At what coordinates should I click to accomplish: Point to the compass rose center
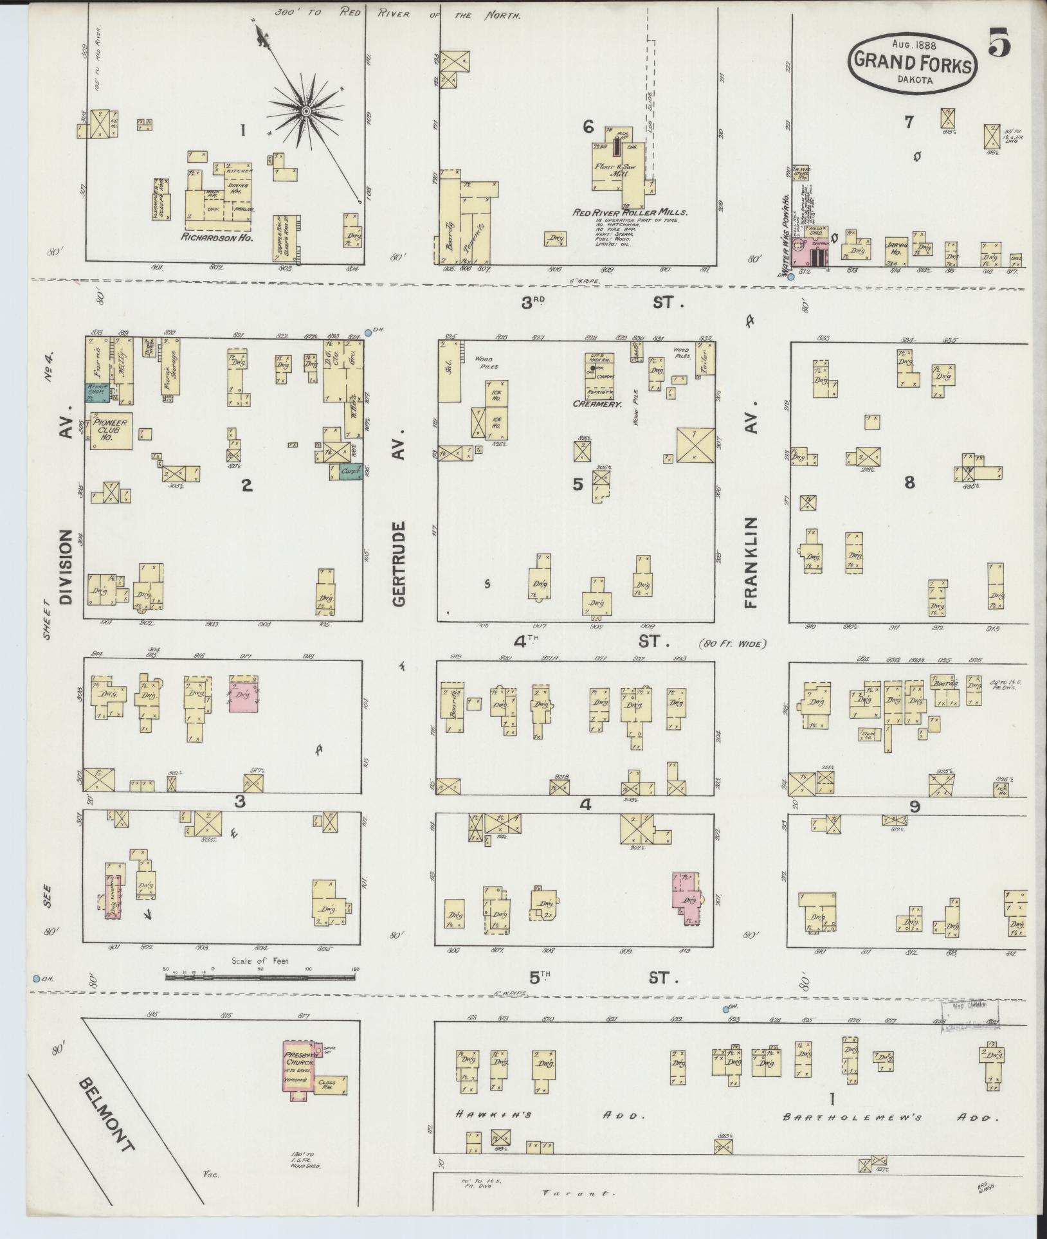(x=306, y=113)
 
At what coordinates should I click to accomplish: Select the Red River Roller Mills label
(x=630, y=212)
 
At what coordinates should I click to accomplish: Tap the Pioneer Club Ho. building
(x=111, y=430)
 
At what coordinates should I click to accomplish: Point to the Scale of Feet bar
(x=260, y=995)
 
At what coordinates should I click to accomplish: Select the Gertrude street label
(x=399, y=564)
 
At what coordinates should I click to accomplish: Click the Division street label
(x=66, y=567)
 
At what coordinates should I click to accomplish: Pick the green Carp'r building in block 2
(x=351, y=472)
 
